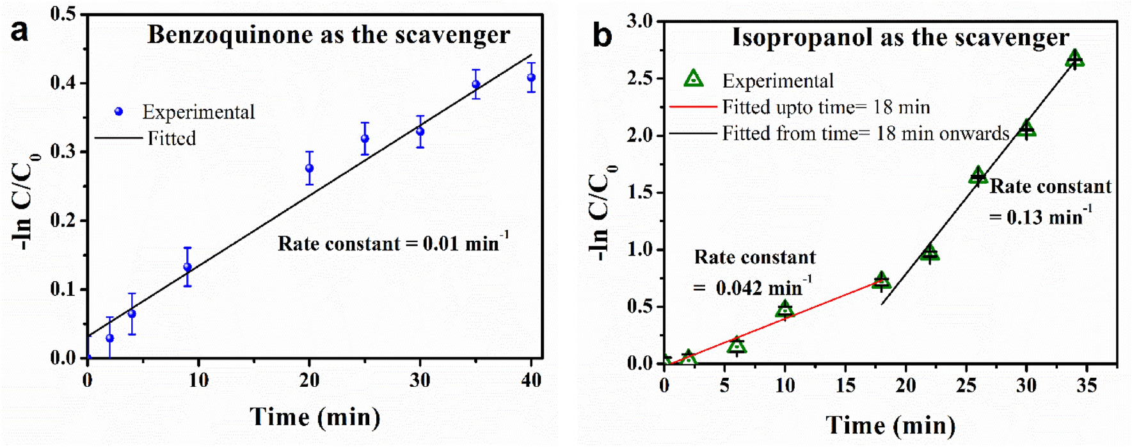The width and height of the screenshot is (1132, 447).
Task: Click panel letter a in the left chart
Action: pyautogui.click(x=20, y=31)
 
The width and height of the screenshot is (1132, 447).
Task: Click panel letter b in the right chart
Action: pyautogui.click(x=602, y=36)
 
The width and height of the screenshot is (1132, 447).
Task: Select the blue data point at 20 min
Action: pyautogui.click(x=310, y=168)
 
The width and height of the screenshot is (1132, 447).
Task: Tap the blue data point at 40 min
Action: pyautogui.click(x=531, y=77)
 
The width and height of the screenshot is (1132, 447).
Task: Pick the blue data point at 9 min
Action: pyautogui.click(x=187, y=267)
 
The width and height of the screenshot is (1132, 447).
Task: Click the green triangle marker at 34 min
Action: pyautogui.click(x=1075, y=59)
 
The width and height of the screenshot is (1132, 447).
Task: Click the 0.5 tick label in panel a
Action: pyautogui.click(x=63, y=14)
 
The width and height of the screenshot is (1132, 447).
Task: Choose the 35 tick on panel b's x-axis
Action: pyautogui.click(x=1087, y=385)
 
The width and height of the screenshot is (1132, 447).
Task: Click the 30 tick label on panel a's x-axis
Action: pyautogui.click(x=420, y=380)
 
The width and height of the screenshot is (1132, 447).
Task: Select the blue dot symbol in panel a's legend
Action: pyautogui.click(x=118, y=111)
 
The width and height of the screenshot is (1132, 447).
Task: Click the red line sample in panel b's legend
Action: pyautogui.click(x=692, y=107)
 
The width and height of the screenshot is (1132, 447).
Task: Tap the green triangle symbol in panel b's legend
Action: pyautogui.click(x=694, y=79)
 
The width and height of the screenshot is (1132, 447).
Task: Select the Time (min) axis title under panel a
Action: pyautogui.click(x=315, y=417)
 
